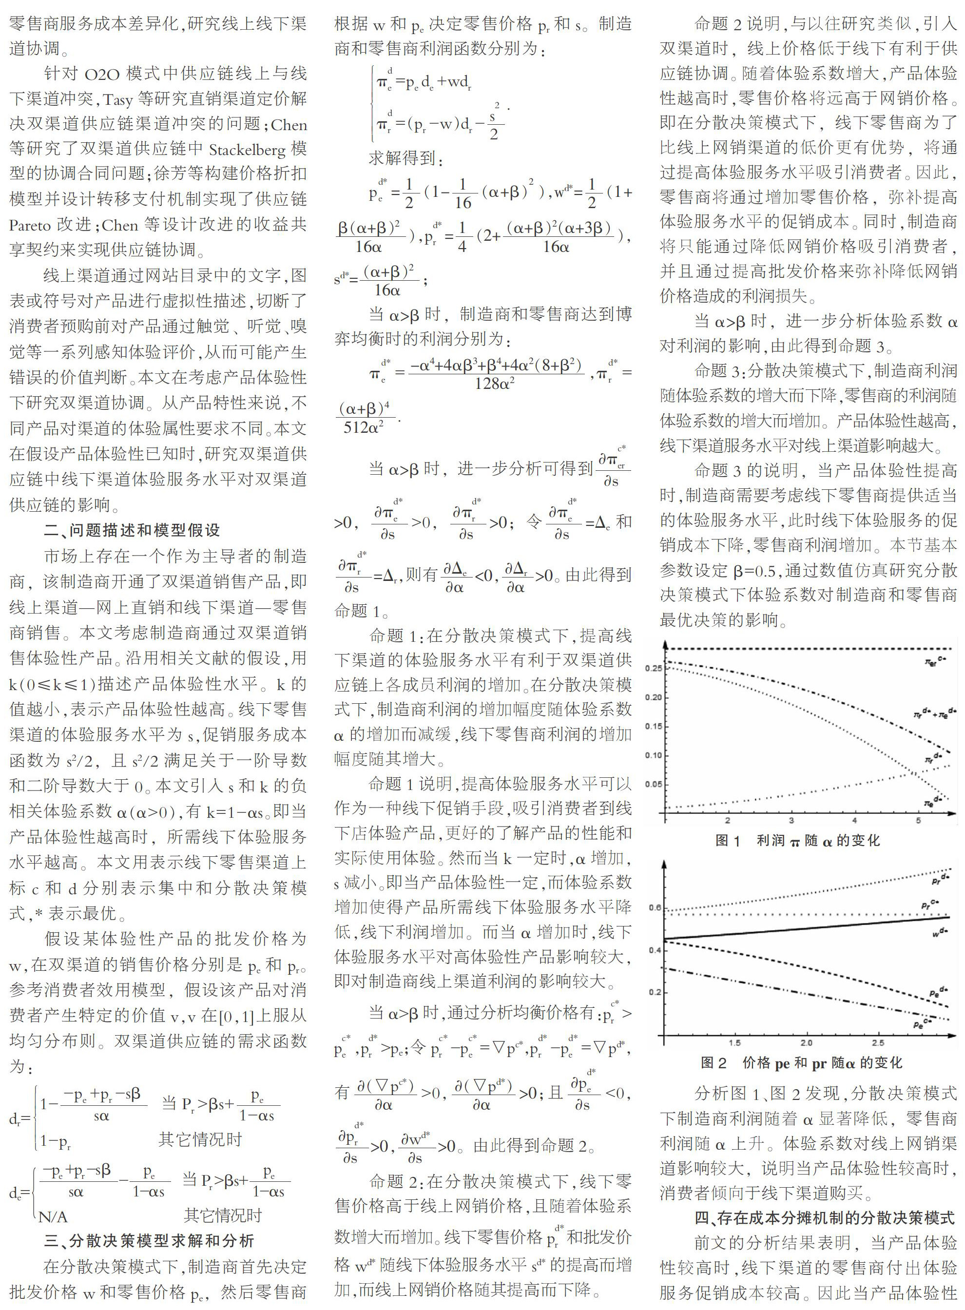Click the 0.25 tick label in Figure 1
tap(654, 668)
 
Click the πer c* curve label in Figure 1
tap(935, 661)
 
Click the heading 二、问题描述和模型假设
tap(132, 530)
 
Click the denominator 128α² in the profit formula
tap(494, 384)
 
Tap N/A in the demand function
tap(53, 1217)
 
